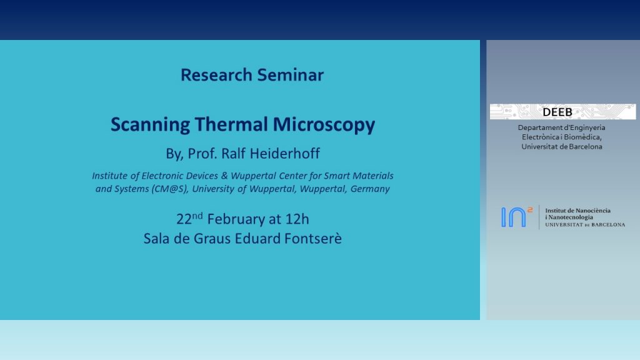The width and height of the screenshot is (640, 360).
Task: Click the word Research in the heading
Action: click(216, 75)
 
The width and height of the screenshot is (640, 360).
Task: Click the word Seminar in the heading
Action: click(290, 75)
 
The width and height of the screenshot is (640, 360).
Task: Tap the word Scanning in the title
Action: click(150, 125)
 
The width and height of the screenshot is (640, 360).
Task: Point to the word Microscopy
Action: click(324, 125)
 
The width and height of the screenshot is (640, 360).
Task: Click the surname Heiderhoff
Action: click(284, 154)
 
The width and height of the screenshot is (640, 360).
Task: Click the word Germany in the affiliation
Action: click(370, 189)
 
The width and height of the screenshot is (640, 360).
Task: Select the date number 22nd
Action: click(189, 218)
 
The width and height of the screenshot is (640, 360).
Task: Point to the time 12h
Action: click(297, 219)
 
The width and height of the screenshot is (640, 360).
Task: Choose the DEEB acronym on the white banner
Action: click(557, 112)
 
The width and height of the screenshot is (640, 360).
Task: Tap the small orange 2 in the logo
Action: click(530, 210)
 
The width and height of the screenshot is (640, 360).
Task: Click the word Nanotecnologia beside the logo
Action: click(571, 217)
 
